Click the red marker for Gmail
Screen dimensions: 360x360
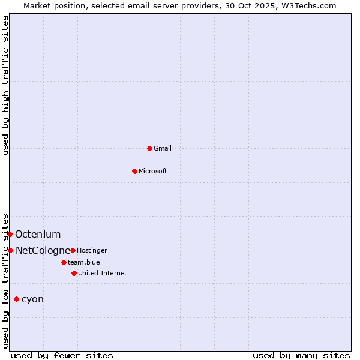tap(149, 148)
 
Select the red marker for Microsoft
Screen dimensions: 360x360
tap(134, 171)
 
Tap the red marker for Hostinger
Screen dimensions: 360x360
tap(73, 250)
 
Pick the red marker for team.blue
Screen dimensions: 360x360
tap(64, 262)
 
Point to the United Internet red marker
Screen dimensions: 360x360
tap(74, 273)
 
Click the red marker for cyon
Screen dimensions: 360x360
tap(16, 299)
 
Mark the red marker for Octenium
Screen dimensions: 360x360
tap(10, 234)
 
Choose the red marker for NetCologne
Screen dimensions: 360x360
tap(10, 250)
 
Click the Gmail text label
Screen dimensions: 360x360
tap(163, 148)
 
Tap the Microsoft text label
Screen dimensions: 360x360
tap(152, 171)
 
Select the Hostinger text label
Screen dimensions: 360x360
tap(92, 250)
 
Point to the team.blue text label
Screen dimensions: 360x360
tap(83, 262)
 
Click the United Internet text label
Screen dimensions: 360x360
tap(102, 273)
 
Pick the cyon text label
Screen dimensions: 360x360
tap(32, 299)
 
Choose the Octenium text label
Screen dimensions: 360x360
tap(38, 234)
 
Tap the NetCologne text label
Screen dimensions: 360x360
tap(43, 250)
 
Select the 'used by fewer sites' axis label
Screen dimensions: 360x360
tap(62, 355)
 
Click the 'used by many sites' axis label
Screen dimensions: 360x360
tap(301, 355)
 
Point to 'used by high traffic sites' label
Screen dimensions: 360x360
tap(5, 85)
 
